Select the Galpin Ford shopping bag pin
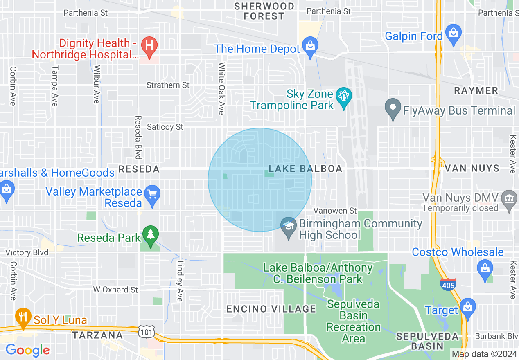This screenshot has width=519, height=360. coord(454,32)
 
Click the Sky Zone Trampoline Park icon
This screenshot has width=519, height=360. coord(343,97)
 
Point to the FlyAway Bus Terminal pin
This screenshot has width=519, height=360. coord(393,108)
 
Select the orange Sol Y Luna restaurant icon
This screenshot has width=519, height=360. coord(23,317)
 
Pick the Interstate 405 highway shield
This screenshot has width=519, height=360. coord(449,284)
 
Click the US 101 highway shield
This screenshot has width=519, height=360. coord(146,332)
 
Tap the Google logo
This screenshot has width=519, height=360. coord(27,350)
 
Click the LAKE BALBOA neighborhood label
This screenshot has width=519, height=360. coord(305,169)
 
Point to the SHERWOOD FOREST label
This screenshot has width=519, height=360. coord(264,11)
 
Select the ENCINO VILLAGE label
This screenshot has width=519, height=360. coord(271,309)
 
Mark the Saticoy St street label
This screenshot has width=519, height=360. coord(165,127)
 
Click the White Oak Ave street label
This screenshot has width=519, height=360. coord(221,88)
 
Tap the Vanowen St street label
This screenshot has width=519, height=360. coord(335,211)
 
